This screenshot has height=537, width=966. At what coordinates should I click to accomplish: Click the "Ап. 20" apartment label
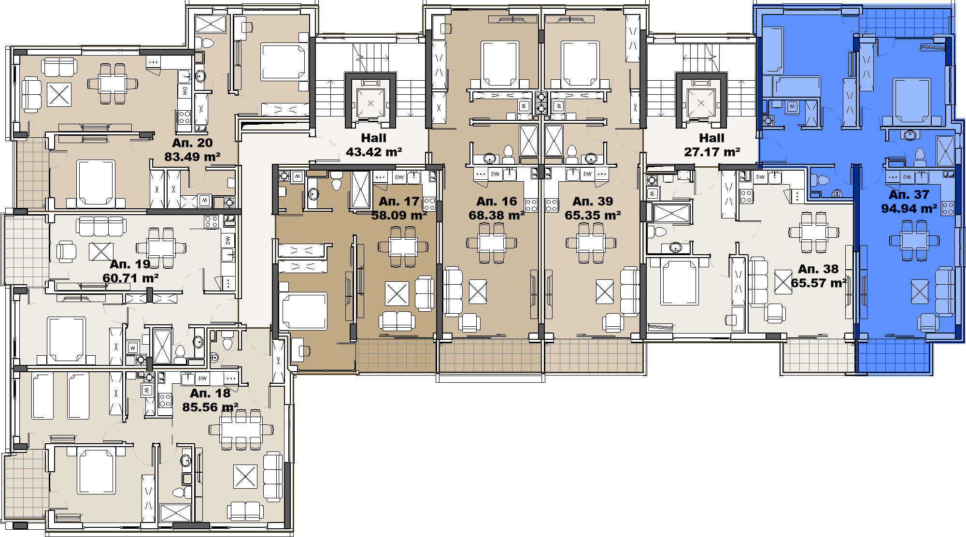[x=192, y=143]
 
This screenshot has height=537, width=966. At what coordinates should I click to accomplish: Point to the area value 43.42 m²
[x=374, y=152]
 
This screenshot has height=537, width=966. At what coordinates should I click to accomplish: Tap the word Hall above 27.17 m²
[x=711, y=138]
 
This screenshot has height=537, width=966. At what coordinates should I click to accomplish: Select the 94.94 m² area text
[x=909, y=209]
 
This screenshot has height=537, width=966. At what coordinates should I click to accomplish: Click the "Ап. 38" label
[x=818, y=269]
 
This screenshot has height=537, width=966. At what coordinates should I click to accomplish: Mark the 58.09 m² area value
[x=399, y=216]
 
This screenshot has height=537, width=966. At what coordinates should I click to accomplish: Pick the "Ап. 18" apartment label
[x=210, y=393]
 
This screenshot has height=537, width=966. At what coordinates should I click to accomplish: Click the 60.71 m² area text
[x=130, y=278]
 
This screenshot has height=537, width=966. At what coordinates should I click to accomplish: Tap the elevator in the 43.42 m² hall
[x=370, y=103]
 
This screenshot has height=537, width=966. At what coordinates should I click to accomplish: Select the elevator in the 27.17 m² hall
[x=701, y=103]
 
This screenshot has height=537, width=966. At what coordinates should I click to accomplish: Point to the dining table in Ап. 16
[x=492, y=243]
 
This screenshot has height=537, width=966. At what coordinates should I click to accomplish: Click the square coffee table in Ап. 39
[x=604, y=292]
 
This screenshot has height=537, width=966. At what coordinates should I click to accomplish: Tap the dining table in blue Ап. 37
[x=915, y=240]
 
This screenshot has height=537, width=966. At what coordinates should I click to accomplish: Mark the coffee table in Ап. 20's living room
[x=59, y=95]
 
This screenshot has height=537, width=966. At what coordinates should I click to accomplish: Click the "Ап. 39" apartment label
[x=593, y=201]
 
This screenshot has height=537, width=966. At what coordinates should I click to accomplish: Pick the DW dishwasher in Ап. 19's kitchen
[x=227, y=240]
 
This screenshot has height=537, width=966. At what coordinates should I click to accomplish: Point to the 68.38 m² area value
[x=497, y=216]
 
